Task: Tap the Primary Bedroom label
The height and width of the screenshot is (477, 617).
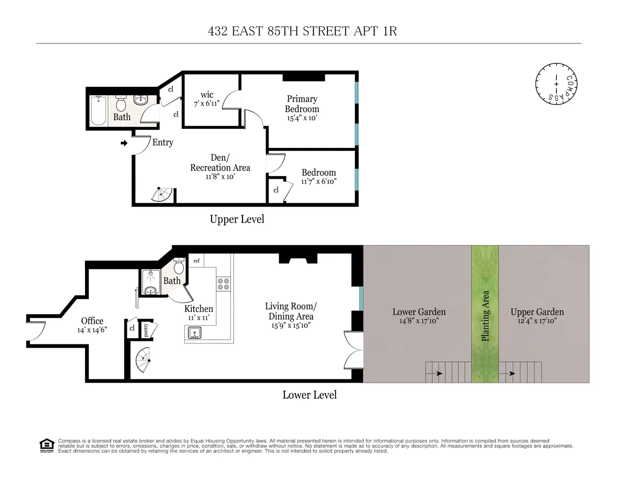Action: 302,104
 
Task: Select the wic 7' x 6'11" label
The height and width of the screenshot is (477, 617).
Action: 207,98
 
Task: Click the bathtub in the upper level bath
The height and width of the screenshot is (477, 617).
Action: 98,111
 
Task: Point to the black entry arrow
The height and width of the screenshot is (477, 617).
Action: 124,143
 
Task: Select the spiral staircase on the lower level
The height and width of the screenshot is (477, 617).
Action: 142,360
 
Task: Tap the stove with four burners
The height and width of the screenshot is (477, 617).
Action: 223,284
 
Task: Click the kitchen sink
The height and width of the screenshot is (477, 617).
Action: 195,332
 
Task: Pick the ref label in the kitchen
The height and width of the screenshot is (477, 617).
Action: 196,261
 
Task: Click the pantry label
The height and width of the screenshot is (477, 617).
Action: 146,330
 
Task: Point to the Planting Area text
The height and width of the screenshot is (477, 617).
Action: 485,316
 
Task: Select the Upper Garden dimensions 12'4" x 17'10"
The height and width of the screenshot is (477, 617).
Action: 537,321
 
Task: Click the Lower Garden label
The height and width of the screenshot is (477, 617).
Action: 419,312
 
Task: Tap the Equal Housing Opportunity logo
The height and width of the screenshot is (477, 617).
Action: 46,446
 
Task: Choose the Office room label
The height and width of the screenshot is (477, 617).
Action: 92,321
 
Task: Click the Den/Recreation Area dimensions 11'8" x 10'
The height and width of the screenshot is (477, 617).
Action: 220,176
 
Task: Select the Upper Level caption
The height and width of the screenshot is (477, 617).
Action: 237,219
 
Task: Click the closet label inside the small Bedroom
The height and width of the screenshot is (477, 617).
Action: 276,190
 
